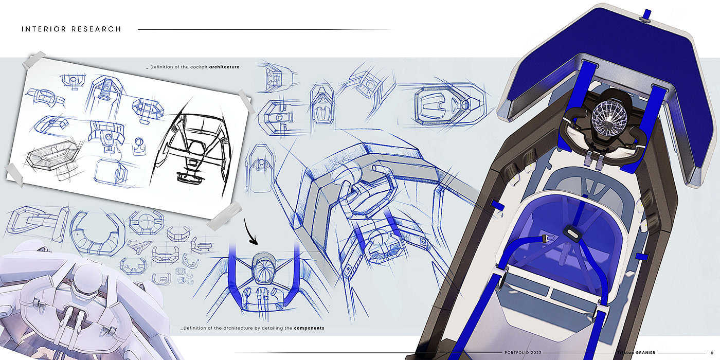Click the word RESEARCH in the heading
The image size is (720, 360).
click(x=96, y=29)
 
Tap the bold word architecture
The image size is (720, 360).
click(x=224, y=67)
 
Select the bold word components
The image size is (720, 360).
click(x=309, y=328)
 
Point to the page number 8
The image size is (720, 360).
click(x=712, y=353)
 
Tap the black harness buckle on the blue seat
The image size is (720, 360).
click(x=571, y=232)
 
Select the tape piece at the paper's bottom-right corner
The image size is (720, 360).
click(x=224, y=215)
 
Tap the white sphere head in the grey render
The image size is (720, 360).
click(x=87, y=277)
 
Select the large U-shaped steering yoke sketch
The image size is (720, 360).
click(x=97, y=233)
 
